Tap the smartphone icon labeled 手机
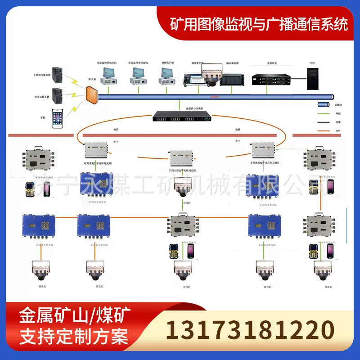57,119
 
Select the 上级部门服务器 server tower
57,75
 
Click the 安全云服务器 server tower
57,96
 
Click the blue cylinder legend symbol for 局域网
323,105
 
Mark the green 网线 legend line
323,114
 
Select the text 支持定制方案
74,337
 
